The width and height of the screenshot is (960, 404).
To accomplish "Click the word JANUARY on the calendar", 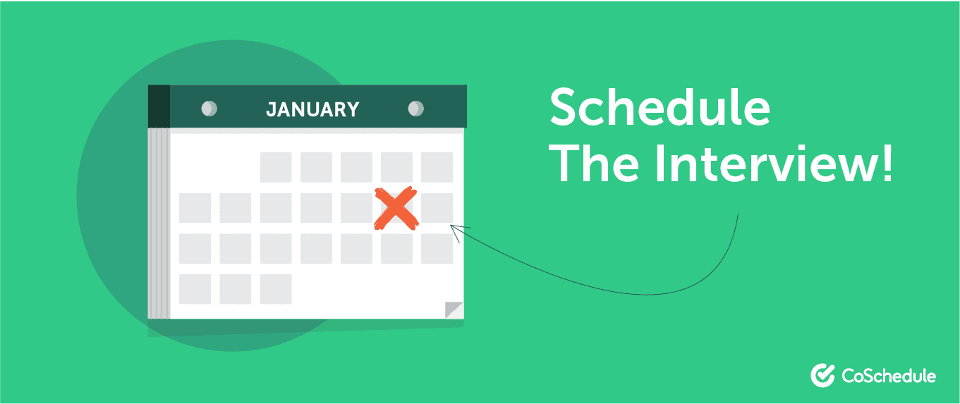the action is pyautogui.click(x=312, y=110).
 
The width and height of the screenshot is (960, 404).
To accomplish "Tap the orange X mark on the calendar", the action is pyautogui.click(x=396, y=209).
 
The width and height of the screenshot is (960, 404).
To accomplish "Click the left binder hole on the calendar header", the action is pyautogui.click(x=209, y=109).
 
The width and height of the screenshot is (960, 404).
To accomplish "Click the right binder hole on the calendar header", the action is pyautogui.click(x=415, y=109).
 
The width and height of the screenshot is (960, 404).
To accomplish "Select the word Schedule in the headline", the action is pyautogui.click(x=660, y=107).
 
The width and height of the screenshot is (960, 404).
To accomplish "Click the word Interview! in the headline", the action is pyautogui.click(x=774, y=164).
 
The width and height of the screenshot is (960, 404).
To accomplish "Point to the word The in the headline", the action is pyautogui.click(x=594, y=164).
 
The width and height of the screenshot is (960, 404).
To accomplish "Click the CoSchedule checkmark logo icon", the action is pyautogui.click(x=822, y=375).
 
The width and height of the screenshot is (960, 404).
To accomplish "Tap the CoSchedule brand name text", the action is pyautogui.click(x=889, y=377).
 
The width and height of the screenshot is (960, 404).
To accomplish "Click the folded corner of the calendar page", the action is pyautogui.click(x=454, y=310).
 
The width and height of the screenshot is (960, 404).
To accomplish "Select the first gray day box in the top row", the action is pyautogui.click(x=276, y=167).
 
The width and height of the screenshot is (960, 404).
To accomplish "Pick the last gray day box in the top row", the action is pyautogui.click(x=437, y=167).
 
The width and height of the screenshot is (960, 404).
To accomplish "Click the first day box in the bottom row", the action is pyautogui.click(x=195, y=289).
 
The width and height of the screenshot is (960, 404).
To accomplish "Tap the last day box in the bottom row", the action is pyautogui.click(x=276, y=289).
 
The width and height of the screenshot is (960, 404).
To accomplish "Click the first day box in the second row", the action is pyautogui.click(x=195, y=208).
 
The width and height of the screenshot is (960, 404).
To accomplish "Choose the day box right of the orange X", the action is pyautogui.click(x=437, y=208).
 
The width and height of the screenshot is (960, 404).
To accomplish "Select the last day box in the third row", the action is pyautogui.click(x=437, y=248).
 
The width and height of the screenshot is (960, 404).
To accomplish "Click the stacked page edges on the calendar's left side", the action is pyautogui.click(x=159, y=224).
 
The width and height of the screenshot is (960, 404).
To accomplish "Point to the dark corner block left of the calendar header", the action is pyautogui.click(x=159, y=106).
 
